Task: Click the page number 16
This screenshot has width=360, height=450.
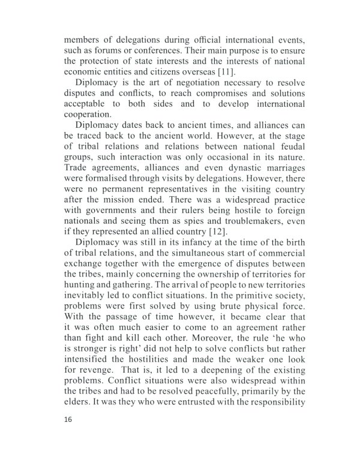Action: point(67,421)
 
